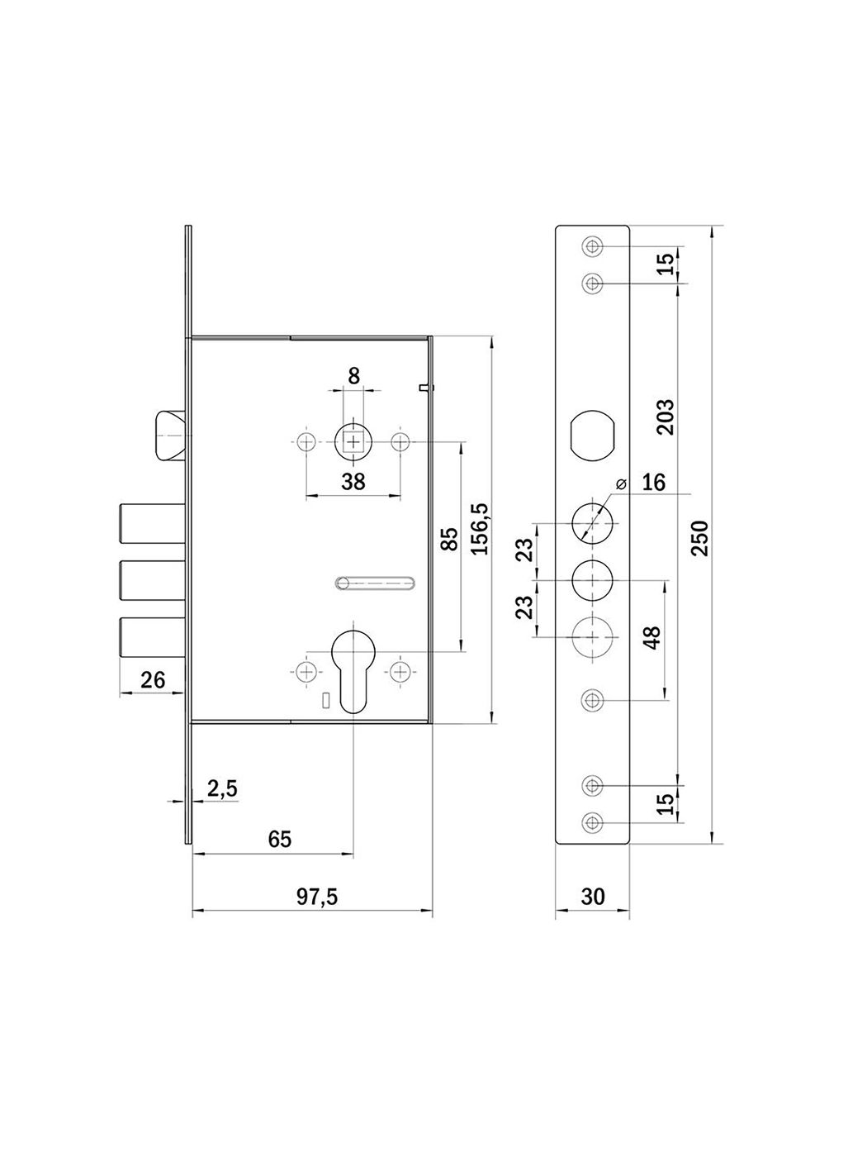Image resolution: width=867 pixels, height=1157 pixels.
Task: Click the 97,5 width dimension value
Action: point(316,898)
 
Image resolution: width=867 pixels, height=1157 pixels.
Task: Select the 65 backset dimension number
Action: point(280,839)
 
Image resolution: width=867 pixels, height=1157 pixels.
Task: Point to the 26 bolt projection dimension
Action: point(154,680)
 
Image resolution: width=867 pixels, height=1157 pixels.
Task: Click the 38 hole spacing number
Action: point(353,482)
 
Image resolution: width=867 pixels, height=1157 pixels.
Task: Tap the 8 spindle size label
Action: point(353,376)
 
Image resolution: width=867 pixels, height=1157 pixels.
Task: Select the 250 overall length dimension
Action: point(701,538)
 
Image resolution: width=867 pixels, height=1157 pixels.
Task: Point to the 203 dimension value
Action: point(666,417)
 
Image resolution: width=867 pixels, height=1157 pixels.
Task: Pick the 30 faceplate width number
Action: point(593,897)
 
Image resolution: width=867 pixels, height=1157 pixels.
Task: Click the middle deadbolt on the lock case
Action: point(153,580)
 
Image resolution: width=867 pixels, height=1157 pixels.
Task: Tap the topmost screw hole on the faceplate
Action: point(593,245)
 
